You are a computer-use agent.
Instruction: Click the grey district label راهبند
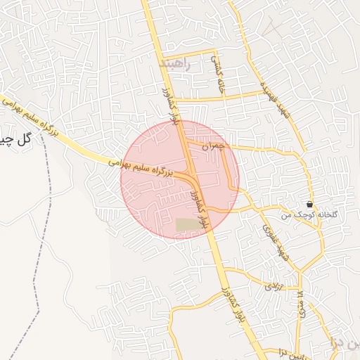(x=175, y=64)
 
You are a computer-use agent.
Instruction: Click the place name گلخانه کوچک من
(x=309, y=214)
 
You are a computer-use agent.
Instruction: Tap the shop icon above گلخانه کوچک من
(x=310, y=204)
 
